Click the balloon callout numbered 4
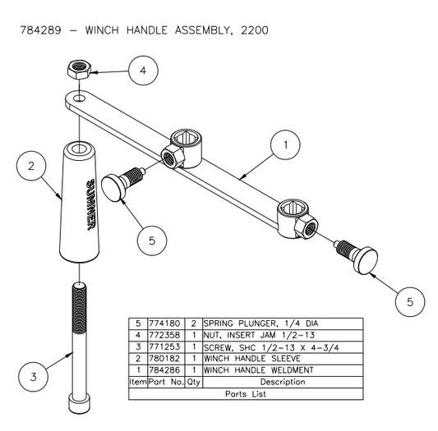point(143,71)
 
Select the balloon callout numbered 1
point(285,145)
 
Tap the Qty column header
point(192,381)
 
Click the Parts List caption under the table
point(247,393)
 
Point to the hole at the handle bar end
point(76,99)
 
